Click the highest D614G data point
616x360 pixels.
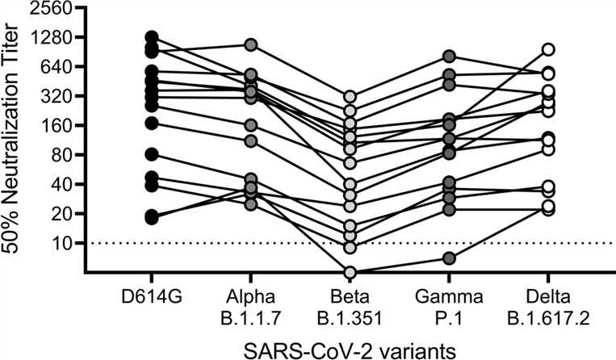[151, 37]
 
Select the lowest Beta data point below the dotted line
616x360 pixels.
[350, 272]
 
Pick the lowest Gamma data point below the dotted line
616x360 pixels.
[450, 258]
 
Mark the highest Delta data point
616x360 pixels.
[549, 50]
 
